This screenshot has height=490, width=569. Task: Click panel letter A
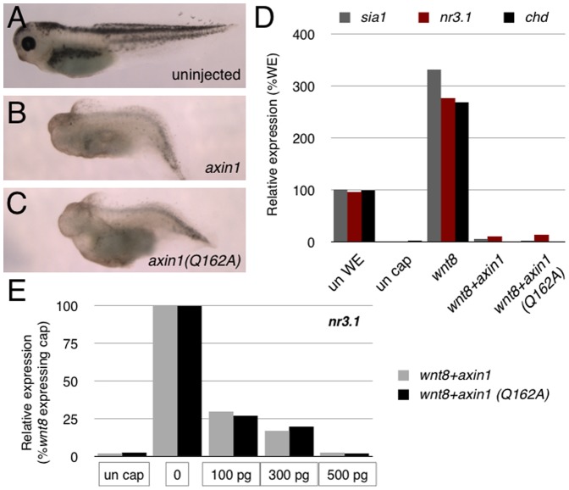pos(14,16)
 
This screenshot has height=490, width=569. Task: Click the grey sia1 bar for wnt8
pos(434,156)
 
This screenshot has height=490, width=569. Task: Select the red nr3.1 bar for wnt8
pos(447,170)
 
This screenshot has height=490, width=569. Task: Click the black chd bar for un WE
pos(367,216)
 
